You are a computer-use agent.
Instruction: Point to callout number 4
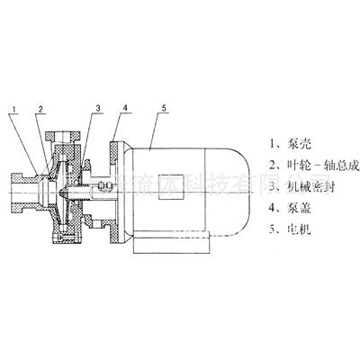coord(126,109)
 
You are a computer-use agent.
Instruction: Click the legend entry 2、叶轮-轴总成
coord(310,166)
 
